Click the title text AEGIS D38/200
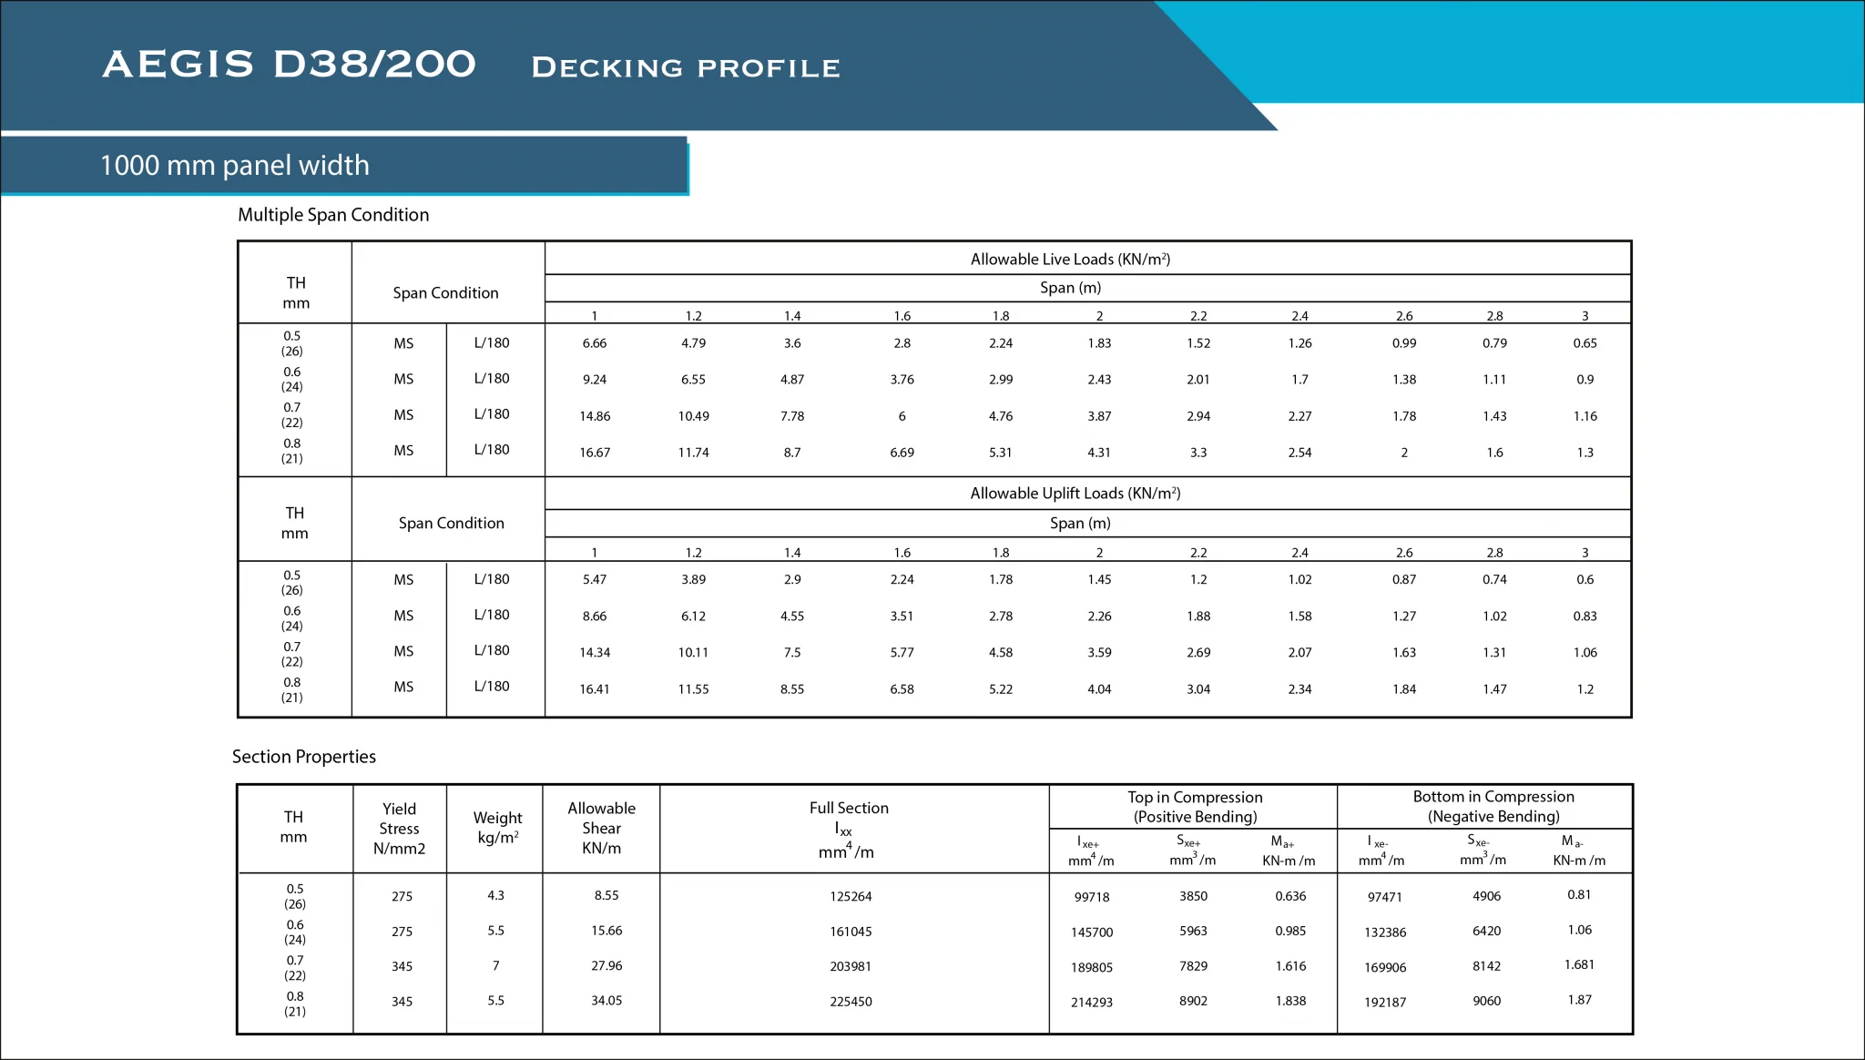[289, 65]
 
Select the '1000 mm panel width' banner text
[234, 166]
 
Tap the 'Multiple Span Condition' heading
[333, 215]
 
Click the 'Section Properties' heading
[303, 757]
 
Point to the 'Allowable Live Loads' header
[1070, 260]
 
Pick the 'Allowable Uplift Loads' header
[1075, 494]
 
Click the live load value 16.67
[595, 453]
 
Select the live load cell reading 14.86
[595, 416]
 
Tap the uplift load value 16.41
[595, 689]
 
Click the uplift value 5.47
[595, 579]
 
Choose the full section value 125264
[851, 897]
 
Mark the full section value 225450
[851, 1002]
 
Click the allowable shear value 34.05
[606, 1001]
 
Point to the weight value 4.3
[495, 896]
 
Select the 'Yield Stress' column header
[399, 829]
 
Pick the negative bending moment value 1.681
[1579, 965]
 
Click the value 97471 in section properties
[1384, 898]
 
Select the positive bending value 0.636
[1290, 896]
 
